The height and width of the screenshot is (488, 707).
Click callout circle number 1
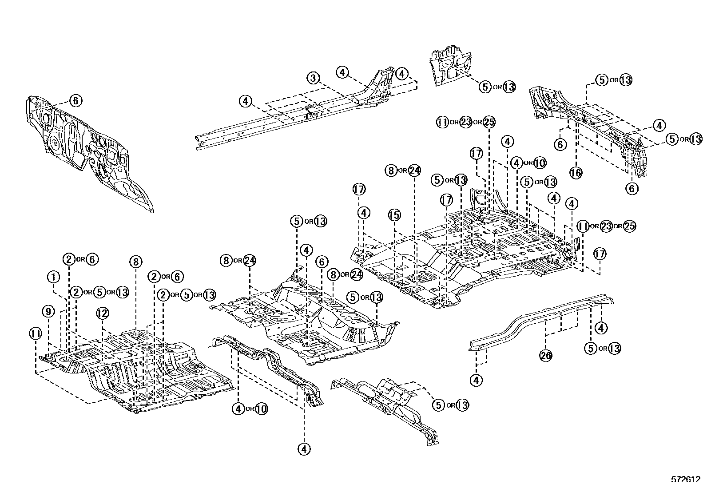(53, 278)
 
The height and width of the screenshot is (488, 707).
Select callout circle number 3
(313, 78)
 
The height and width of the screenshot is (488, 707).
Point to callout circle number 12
(102, 313)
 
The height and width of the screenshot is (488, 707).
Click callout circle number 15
(394, 215)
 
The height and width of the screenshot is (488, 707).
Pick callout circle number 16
(576, 172)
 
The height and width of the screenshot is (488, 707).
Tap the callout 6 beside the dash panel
(75, 101)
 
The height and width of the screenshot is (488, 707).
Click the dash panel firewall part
(89, 151)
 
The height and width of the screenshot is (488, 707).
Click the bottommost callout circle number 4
(304, 449)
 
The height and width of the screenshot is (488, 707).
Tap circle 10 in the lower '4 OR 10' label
(261, 409)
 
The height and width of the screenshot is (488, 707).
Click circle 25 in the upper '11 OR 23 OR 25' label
(488, 122)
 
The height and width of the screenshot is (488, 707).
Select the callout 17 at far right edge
(600, 254)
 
